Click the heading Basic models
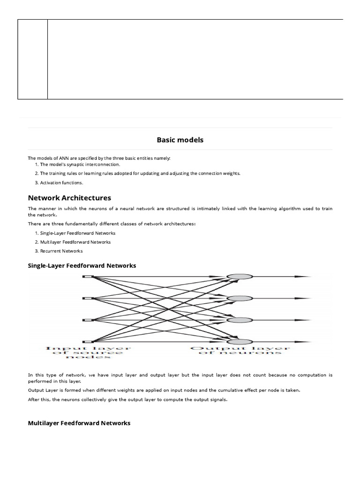pyautogui.click(x=180, y=140)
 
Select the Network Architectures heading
pyautogui.click(x=69, y=198)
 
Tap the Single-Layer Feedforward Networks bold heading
pyautogui.click(x=82, y=265)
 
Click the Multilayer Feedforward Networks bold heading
pyautogui.click(x=79, y=423)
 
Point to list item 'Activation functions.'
pyautogui.click(x=61, y=183)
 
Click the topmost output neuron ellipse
pyautogui.click(x=240, y=277)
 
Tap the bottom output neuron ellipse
pyautogui.click(x=240, y=342)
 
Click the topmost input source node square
pyautogui.click(x=88, y=277)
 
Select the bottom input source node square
pyautogui.click(x=88, y=342)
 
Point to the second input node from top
pyautogui.click(x=88, y=298)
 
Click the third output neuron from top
pyautogui.click(x=240, y=320)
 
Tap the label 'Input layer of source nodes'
pyautogui.click(x=88, y=352)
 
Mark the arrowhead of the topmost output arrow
pyautogui.click(x=306, y=277)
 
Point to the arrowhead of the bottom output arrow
pyautogui.click(x=306, y=342)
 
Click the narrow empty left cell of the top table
pyautogui.click(x=32, y=59)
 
